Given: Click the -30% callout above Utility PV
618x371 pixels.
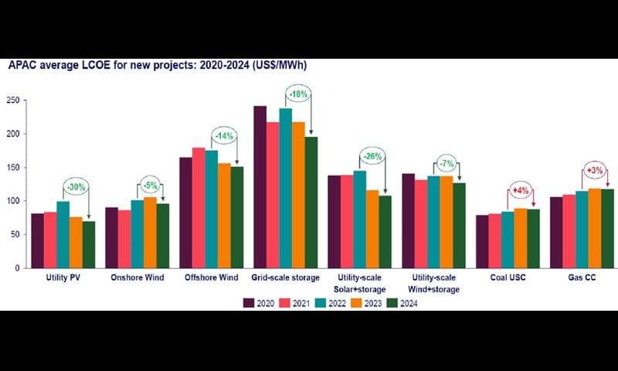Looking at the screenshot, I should coord(75,187).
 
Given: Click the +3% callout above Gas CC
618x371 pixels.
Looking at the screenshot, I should coord(595,170).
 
